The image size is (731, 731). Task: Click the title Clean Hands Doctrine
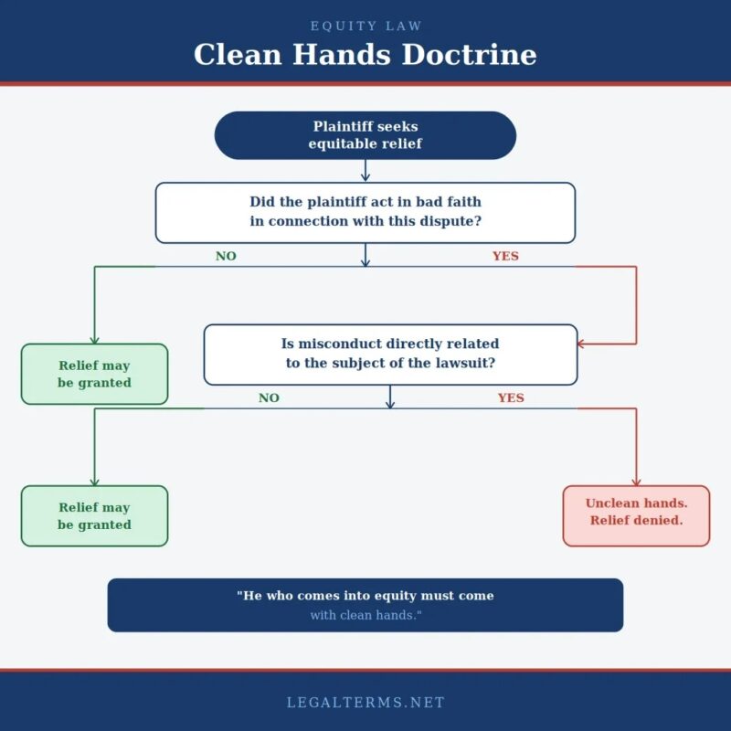365,54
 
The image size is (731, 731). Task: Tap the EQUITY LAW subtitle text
365,26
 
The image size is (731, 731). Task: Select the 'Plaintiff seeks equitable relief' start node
365,135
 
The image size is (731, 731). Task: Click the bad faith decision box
365,212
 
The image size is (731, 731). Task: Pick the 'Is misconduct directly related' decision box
390,354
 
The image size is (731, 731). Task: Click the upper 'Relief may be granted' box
94,374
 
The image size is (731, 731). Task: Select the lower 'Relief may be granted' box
94,515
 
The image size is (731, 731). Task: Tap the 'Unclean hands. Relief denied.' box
636,515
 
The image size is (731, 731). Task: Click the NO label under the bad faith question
226,256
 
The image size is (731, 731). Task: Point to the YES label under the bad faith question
505,256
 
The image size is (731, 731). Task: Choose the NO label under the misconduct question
269,397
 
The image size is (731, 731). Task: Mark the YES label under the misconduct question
511,397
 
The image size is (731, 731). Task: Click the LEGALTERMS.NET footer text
365,703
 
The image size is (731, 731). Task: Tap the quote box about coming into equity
365,605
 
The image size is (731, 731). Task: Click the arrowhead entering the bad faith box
365,177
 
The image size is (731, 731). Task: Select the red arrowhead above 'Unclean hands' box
636,481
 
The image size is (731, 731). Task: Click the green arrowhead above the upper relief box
94,339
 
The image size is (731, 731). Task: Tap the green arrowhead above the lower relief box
94,481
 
